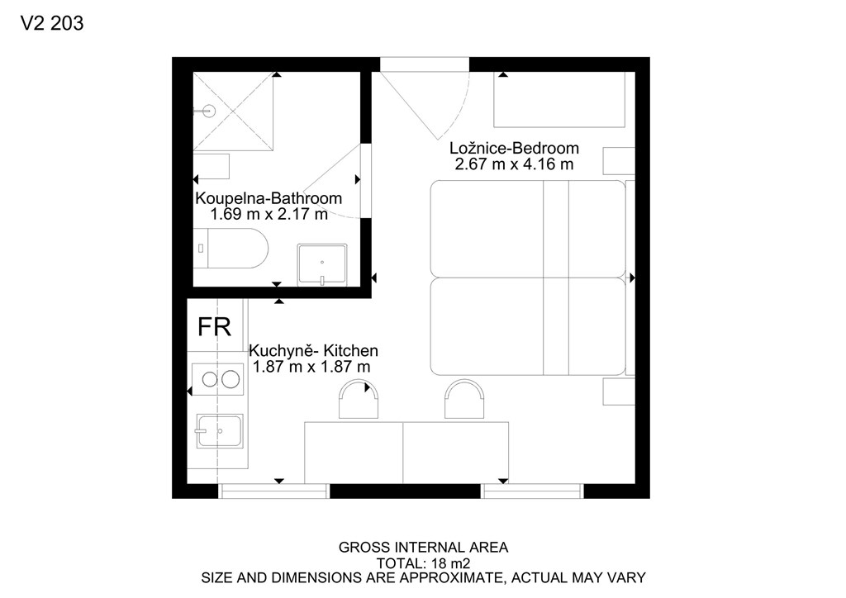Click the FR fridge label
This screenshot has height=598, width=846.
click(x=214, y=327)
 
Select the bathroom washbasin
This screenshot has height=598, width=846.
click(x=322, y=265)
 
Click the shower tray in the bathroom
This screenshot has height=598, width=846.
click(x=233, y=111)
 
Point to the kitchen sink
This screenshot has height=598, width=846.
click(x=219, y=431)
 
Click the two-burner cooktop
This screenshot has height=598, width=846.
click(x=217, y=379)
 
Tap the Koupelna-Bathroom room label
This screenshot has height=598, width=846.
click(x=269, y=198)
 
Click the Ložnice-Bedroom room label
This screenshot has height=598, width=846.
click(x=514, y=148)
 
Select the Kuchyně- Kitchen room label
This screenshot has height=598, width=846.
click(x=313, y=350)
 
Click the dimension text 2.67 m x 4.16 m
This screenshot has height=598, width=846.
click(x=514, y=164)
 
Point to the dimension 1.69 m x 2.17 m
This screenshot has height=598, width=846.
click(x=269, y=214)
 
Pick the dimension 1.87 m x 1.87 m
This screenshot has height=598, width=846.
click(x=311, y=367)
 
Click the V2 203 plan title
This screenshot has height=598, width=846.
click(x=52, y=23)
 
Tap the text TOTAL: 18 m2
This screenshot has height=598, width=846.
click(x=424, y=563)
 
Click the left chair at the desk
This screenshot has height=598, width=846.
click(x=359, y=399)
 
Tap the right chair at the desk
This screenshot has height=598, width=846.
click(x=464, y=399)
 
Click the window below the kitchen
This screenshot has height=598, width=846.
click(x=274, y=491)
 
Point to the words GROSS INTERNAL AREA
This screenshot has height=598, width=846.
click(x=424, y=548)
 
